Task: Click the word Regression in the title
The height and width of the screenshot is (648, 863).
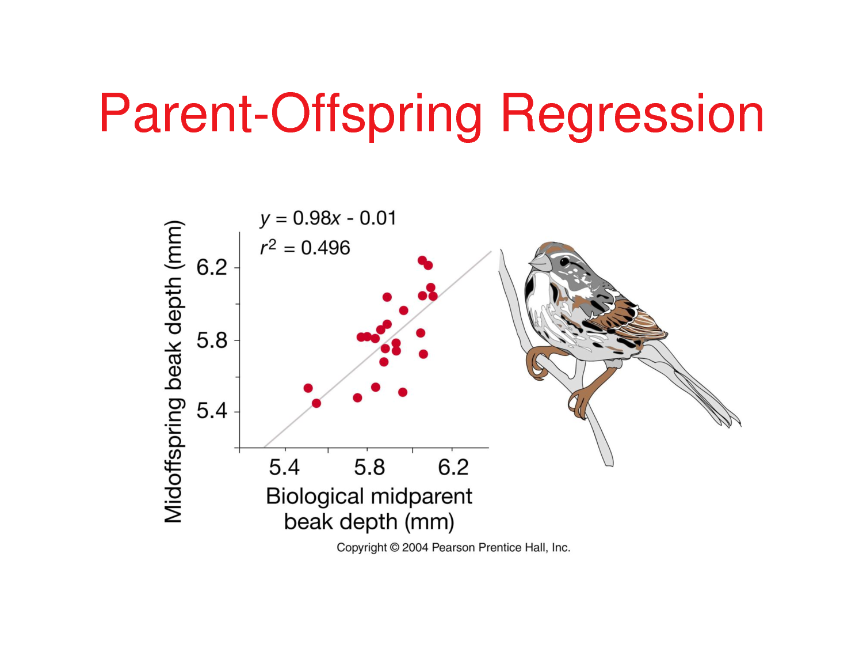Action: [632, 114]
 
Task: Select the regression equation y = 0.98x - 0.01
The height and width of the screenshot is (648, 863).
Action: [328, 218]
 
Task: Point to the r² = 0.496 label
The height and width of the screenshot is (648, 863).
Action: [305, 248]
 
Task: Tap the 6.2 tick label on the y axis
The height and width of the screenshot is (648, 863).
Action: [212, 267]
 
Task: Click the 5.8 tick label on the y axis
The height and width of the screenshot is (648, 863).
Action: [212, 340]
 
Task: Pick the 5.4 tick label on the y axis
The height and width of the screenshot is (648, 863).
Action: [212, 411]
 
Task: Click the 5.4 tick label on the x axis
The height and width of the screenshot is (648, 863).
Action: [284, 467]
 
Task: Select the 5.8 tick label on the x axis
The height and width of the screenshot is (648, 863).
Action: [369, 467]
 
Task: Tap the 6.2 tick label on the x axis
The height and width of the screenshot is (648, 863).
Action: [453, 467]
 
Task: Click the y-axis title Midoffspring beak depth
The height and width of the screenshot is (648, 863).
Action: [173, 372]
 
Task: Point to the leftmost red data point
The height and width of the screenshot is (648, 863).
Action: [308, 388]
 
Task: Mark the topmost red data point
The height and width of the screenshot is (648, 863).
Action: [422, 260]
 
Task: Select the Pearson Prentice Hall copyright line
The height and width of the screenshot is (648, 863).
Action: [453, 547]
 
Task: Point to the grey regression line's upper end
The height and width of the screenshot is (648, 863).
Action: [490, 252]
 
